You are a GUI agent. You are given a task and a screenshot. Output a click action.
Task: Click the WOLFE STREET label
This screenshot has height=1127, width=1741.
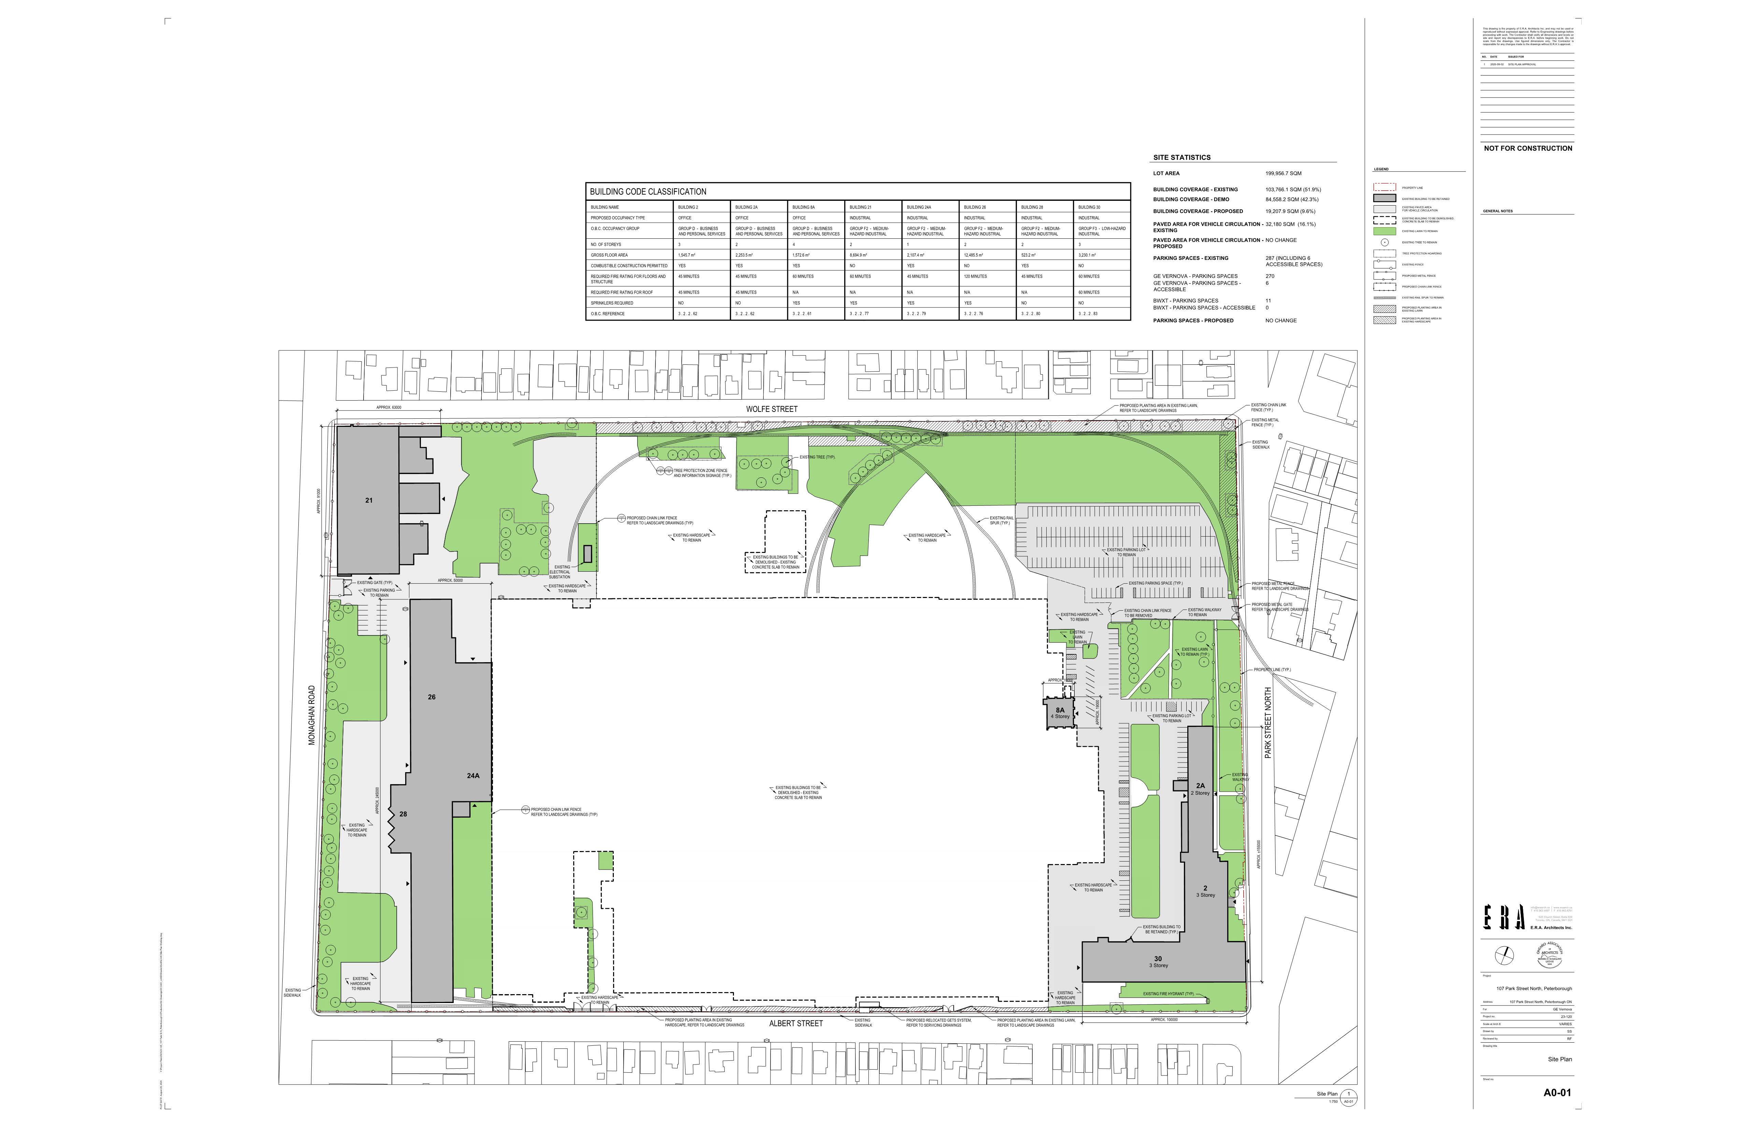tap(772, 409)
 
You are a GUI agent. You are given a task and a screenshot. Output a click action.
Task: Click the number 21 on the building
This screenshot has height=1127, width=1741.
tap(369, 501)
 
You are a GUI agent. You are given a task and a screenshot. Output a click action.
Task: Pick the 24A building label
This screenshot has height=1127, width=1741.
tap(472, 776)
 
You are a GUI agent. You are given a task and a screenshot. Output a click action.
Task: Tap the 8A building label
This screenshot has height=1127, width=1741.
tap(1060, 710)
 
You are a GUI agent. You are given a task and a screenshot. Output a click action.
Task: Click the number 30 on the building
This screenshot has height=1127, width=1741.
tap(1158, 959)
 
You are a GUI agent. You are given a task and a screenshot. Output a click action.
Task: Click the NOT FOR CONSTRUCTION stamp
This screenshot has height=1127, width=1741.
tap(1527, 149)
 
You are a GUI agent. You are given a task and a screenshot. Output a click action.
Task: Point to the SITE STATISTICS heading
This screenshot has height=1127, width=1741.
tap(1181, 157)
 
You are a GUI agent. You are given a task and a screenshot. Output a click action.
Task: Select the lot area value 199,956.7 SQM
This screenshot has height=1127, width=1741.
tap(1283, 173)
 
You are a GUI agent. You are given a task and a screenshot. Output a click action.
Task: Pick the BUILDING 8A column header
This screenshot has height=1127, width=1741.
tap(803, 207)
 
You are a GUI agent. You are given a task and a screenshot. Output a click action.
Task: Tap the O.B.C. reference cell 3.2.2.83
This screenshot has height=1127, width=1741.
tap(1089, 314)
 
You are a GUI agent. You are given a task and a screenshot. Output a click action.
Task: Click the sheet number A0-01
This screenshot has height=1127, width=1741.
tap(1557, 1093)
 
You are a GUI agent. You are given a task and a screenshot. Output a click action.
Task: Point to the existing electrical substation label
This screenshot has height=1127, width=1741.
tap(560, 572)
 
